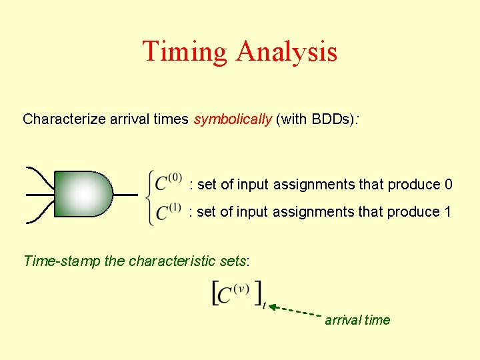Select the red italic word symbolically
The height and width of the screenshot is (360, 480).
click(x=232, y=119)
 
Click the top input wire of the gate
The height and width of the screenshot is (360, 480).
click(x=40, y=175)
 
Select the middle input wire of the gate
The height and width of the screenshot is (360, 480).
click(x=40, y=195)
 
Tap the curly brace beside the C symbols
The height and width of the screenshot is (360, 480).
click(x=149, y=197)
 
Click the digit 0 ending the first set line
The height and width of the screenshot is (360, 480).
click(x=448, y=185)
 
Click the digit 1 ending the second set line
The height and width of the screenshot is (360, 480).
click(x=448, y=212)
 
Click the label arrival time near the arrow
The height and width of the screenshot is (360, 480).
click(x=357, y=320)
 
